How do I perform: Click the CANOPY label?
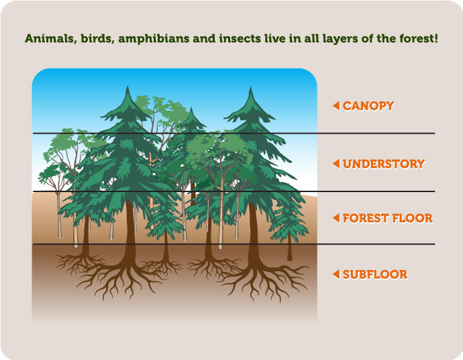click(x=368, y=106)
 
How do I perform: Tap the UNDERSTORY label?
click(x=384, y=164)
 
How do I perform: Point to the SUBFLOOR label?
click(x=375, y=274)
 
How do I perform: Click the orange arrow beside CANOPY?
click(x=336, y=106)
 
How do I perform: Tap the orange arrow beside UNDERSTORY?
click(x=336, y=164)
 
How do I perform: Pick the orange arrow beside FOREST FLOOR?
click(x=336, y=218)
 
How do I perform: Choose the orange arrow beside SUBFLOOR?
click(x=336, y=274)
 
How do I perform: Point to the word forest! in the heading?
click(x=419, y=39)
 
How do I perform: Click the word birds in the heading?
click(x=97, y=39)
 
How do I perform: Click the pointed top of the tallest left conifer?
click(x=127, y=87)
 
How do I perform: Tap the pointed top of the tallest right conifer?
click(x=251, y=87)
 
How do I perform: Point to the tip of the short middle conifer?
click(x=191, y=108)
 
